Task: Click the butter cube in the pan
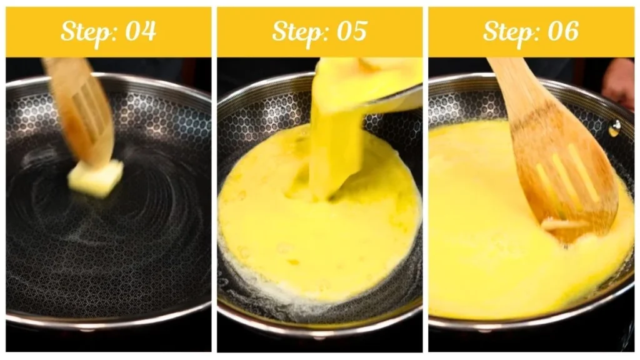tap(96, 177)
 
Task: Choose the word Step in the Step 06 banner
tap(508, 31)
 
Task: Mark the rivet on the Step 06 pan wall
tap(615, 128)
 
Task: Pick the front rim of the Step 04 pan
tap(106, 316)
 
